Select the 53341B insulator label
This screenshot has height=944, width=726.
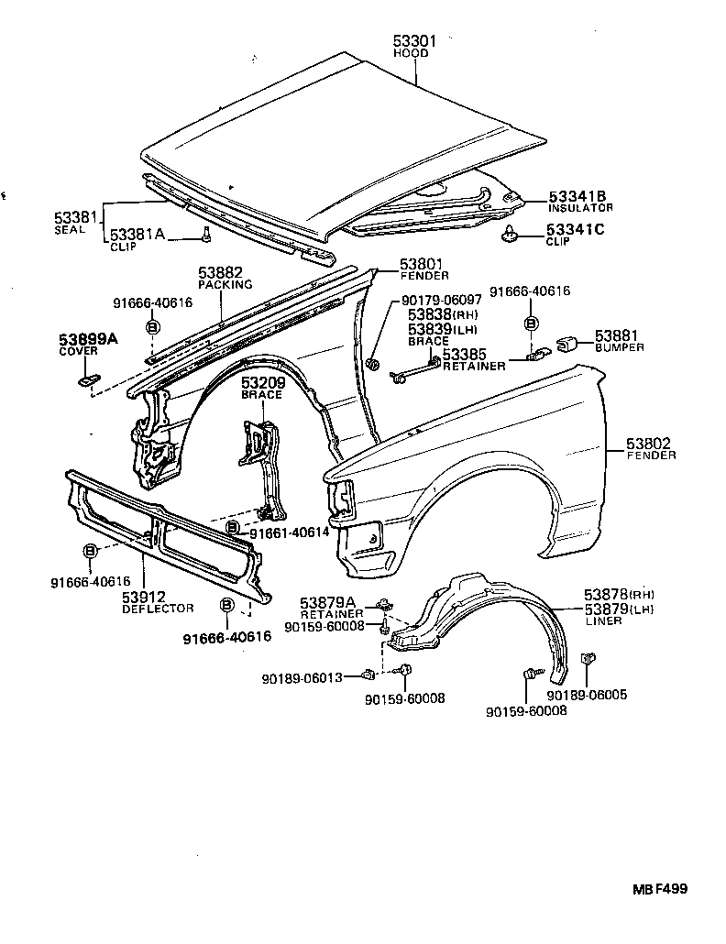click(x=577, y=197)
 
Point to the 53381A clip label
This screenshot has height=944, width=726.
click(x=137, y=236)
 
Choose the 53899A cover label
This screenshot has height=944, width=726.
click(x=89, y=339)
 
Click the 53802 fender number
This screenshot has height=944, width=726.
click(x=650, y=444)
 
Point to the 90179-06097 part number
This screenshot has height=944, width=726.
click(x=441, y=301)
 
